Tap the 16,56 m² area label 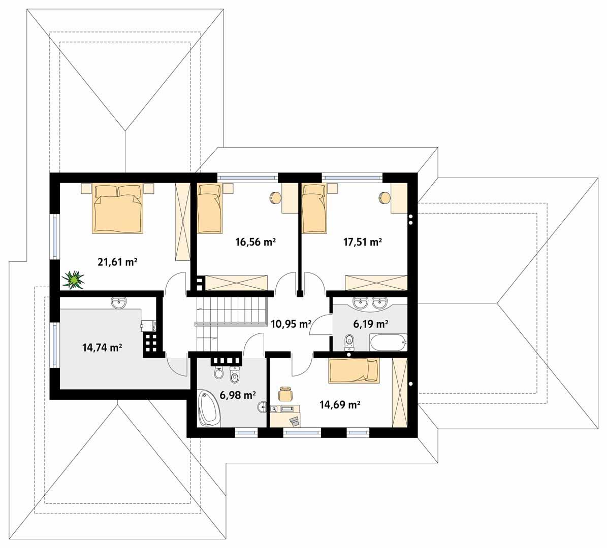coord(255,242)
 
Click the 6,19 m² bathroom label coord(370,323)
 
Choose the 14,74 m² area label coord(102,348)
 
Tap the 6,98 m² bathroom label coord(237,395)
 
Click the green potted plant coord(74,279)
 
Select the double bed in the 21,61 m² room coord(117,209)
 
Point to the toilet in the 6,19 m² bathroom coord(349,341)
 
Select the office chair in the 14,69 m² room coord(286,393)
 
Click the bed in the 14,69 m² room coord(354,370)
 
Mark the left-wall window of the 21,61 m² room coord(53,237)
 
